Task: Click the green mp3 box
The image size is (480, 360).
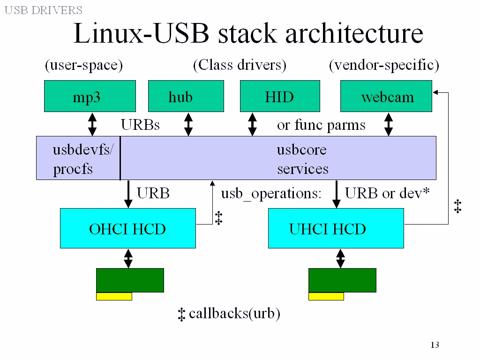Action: (x=90, y=96)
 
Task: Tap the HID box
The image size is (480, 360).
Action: (x=280, y=96)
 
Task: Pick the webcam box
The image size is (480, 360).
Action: (x=386, y=96)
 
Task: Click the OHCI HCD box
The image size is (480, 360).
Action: (x=127, y=228)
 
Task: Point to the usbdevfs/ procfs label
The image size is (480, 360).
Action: (x=79, y=159)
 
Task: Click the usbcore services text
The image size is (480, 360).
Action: (x=302, y=159)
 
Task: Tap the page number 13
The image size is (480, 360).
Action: (x=435, y=345)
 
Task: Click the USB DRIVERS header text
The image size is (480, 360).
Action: (x=44, y=10)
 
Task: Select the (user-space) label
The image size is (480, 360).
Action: (x=84, y=65)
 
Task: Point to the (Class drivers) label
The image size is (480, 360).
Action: (x=240, y=65)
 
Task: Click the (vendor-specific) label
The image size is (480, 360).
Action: (x=384, y=65)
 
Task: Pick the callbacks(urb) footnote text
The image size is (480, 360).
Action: (x=234, y=314)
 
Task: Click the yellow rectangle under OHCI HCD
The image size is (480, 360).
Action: (x=114, y=296)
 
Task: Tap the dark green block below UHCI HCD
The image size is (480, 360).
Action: (x=342, y=280)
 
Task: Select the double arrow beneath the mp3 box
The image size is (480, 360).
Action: (x=92, y=125)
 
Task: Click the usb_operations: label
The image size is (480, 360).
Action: (x=271, y=193)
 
